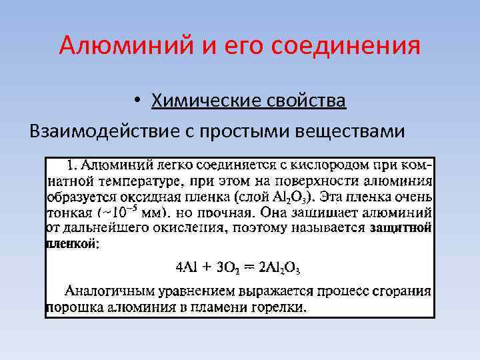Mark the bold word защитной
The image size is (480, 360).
pos(401,229)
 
